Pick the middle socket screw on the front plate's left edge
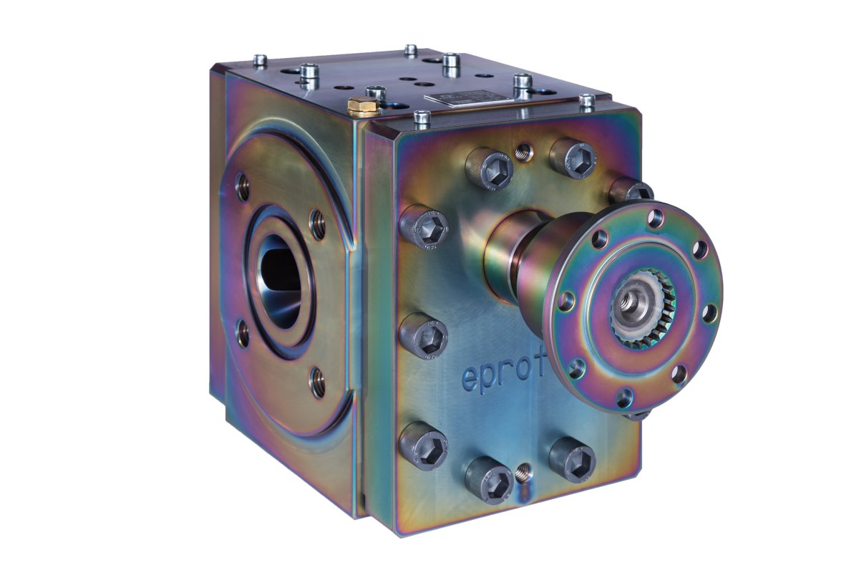click(x=424, y=335)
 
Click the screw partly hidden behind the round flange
click(x=630, y=191)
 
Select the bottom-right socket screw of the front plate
click(x=573, y=458)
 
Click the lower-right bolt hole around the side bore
click(x=316, y=380)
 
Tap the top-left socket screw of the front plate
click(x=490, y=168)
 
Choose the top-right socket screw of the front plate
click(x=573, y=158)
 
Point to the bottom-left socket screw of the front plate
click(x=488, y=478)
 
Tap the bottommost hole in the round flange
click(x=625, y=393)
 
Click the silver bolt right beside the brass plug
click(x=375, y=92)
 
